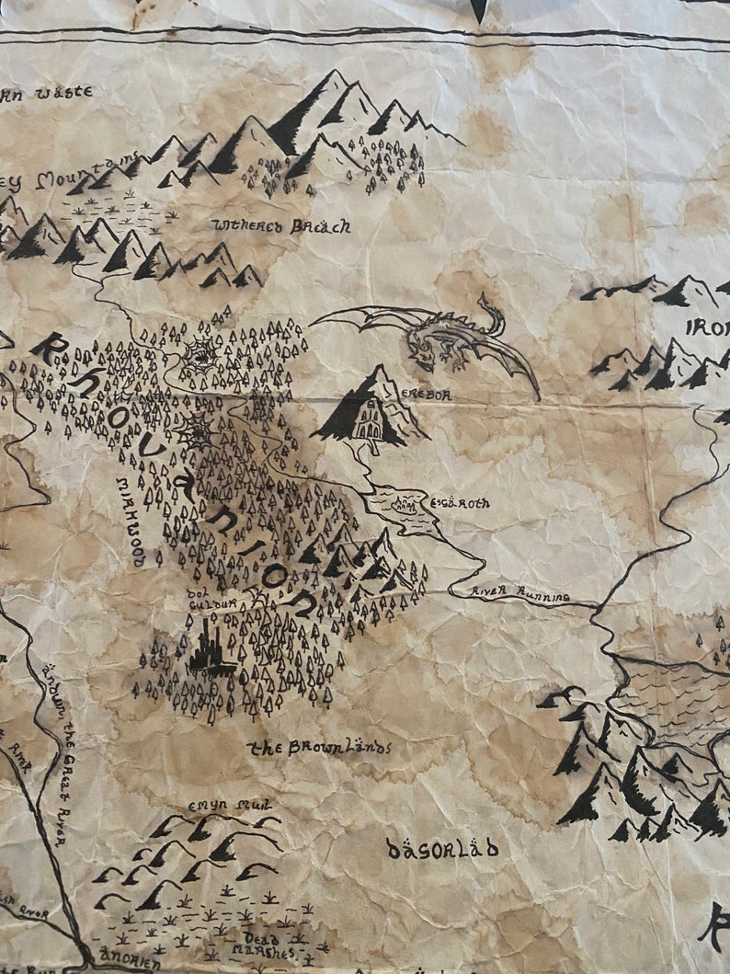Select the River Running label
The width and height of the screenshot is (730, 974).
[x=519, y=595]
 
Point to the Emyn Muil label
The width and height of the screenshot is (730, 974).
[x=217, y=806]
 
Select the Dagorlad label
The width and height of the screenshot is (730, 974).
[x=442, y=847]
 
